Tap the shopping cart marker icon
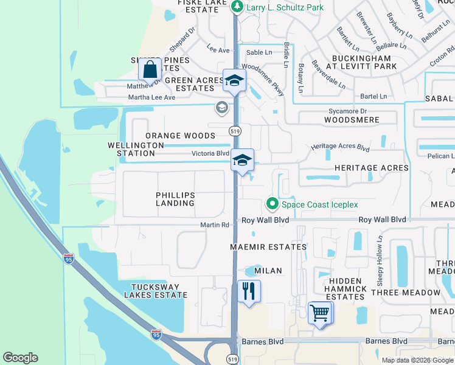pos(320,314)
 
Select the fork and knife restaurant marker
pos(248,291)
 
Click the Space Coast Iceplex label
pos(319,204)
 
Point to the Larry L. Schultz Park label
pos(285,8)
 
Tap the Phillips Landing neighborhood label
pos(175,199)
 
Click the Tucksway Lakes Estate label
pos(156,291)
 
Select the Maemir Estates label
pos(268,247)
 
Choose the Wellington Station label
pos(136,150)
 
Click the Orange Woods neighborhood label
pos(180,136)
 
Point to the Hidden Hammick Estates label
pos(345,288)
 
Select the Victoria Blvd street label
pos(210,154)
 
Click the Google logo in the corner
pos(20,358)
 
